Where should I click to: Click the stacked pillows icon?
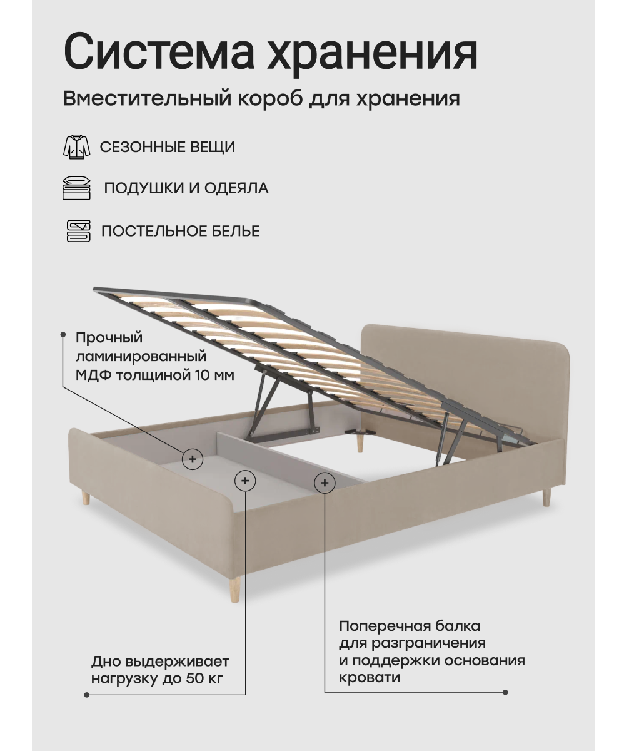[77, 188]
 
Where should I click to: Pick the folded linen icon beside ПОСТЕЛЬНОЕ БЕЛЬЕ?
[78, 231]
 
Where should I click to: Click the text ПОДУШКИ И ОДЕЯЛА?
[186, 188]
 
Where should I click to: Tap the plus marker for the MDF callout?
[193, 459]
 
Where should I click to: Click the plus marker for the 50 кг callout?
[244, 481]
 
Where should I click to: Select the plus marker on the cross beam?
[324, 482]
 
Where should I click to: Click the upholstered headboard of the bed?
[463, 363]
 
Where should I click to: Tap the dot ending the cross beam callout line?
[505, 692]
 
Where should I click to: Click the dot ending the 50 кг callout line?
[86, 694]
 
